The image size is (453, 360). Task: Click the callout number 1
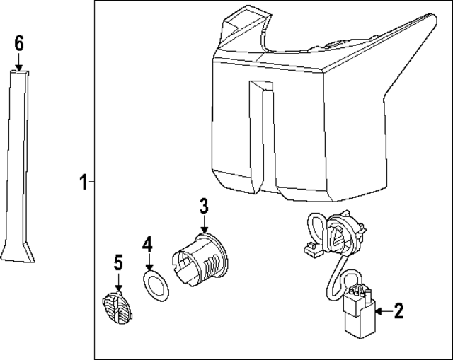pos(83,183)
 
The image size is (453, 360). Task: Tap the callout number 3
pos(203,207)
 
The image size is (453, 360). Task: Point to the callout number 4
pos(147,245)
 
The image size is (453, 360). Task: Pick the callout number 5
pos(117,263)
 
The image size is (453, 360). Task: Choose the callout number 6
pos(19,43)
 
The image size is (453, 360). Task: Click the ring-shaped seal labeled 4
pos(156,287)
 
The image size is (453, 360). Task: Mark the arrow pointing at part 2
pos(382,310)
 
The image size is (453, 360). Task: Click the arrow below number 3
pos(203,225)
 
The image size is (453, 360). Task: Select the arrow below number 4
pos(148,263)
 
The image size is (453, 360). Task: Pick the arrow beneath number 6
pos(19,62)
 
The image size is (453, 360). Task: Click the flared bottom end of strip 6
pos(18,252)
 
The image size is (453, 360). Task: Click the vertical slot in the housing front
pos(261,134)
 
